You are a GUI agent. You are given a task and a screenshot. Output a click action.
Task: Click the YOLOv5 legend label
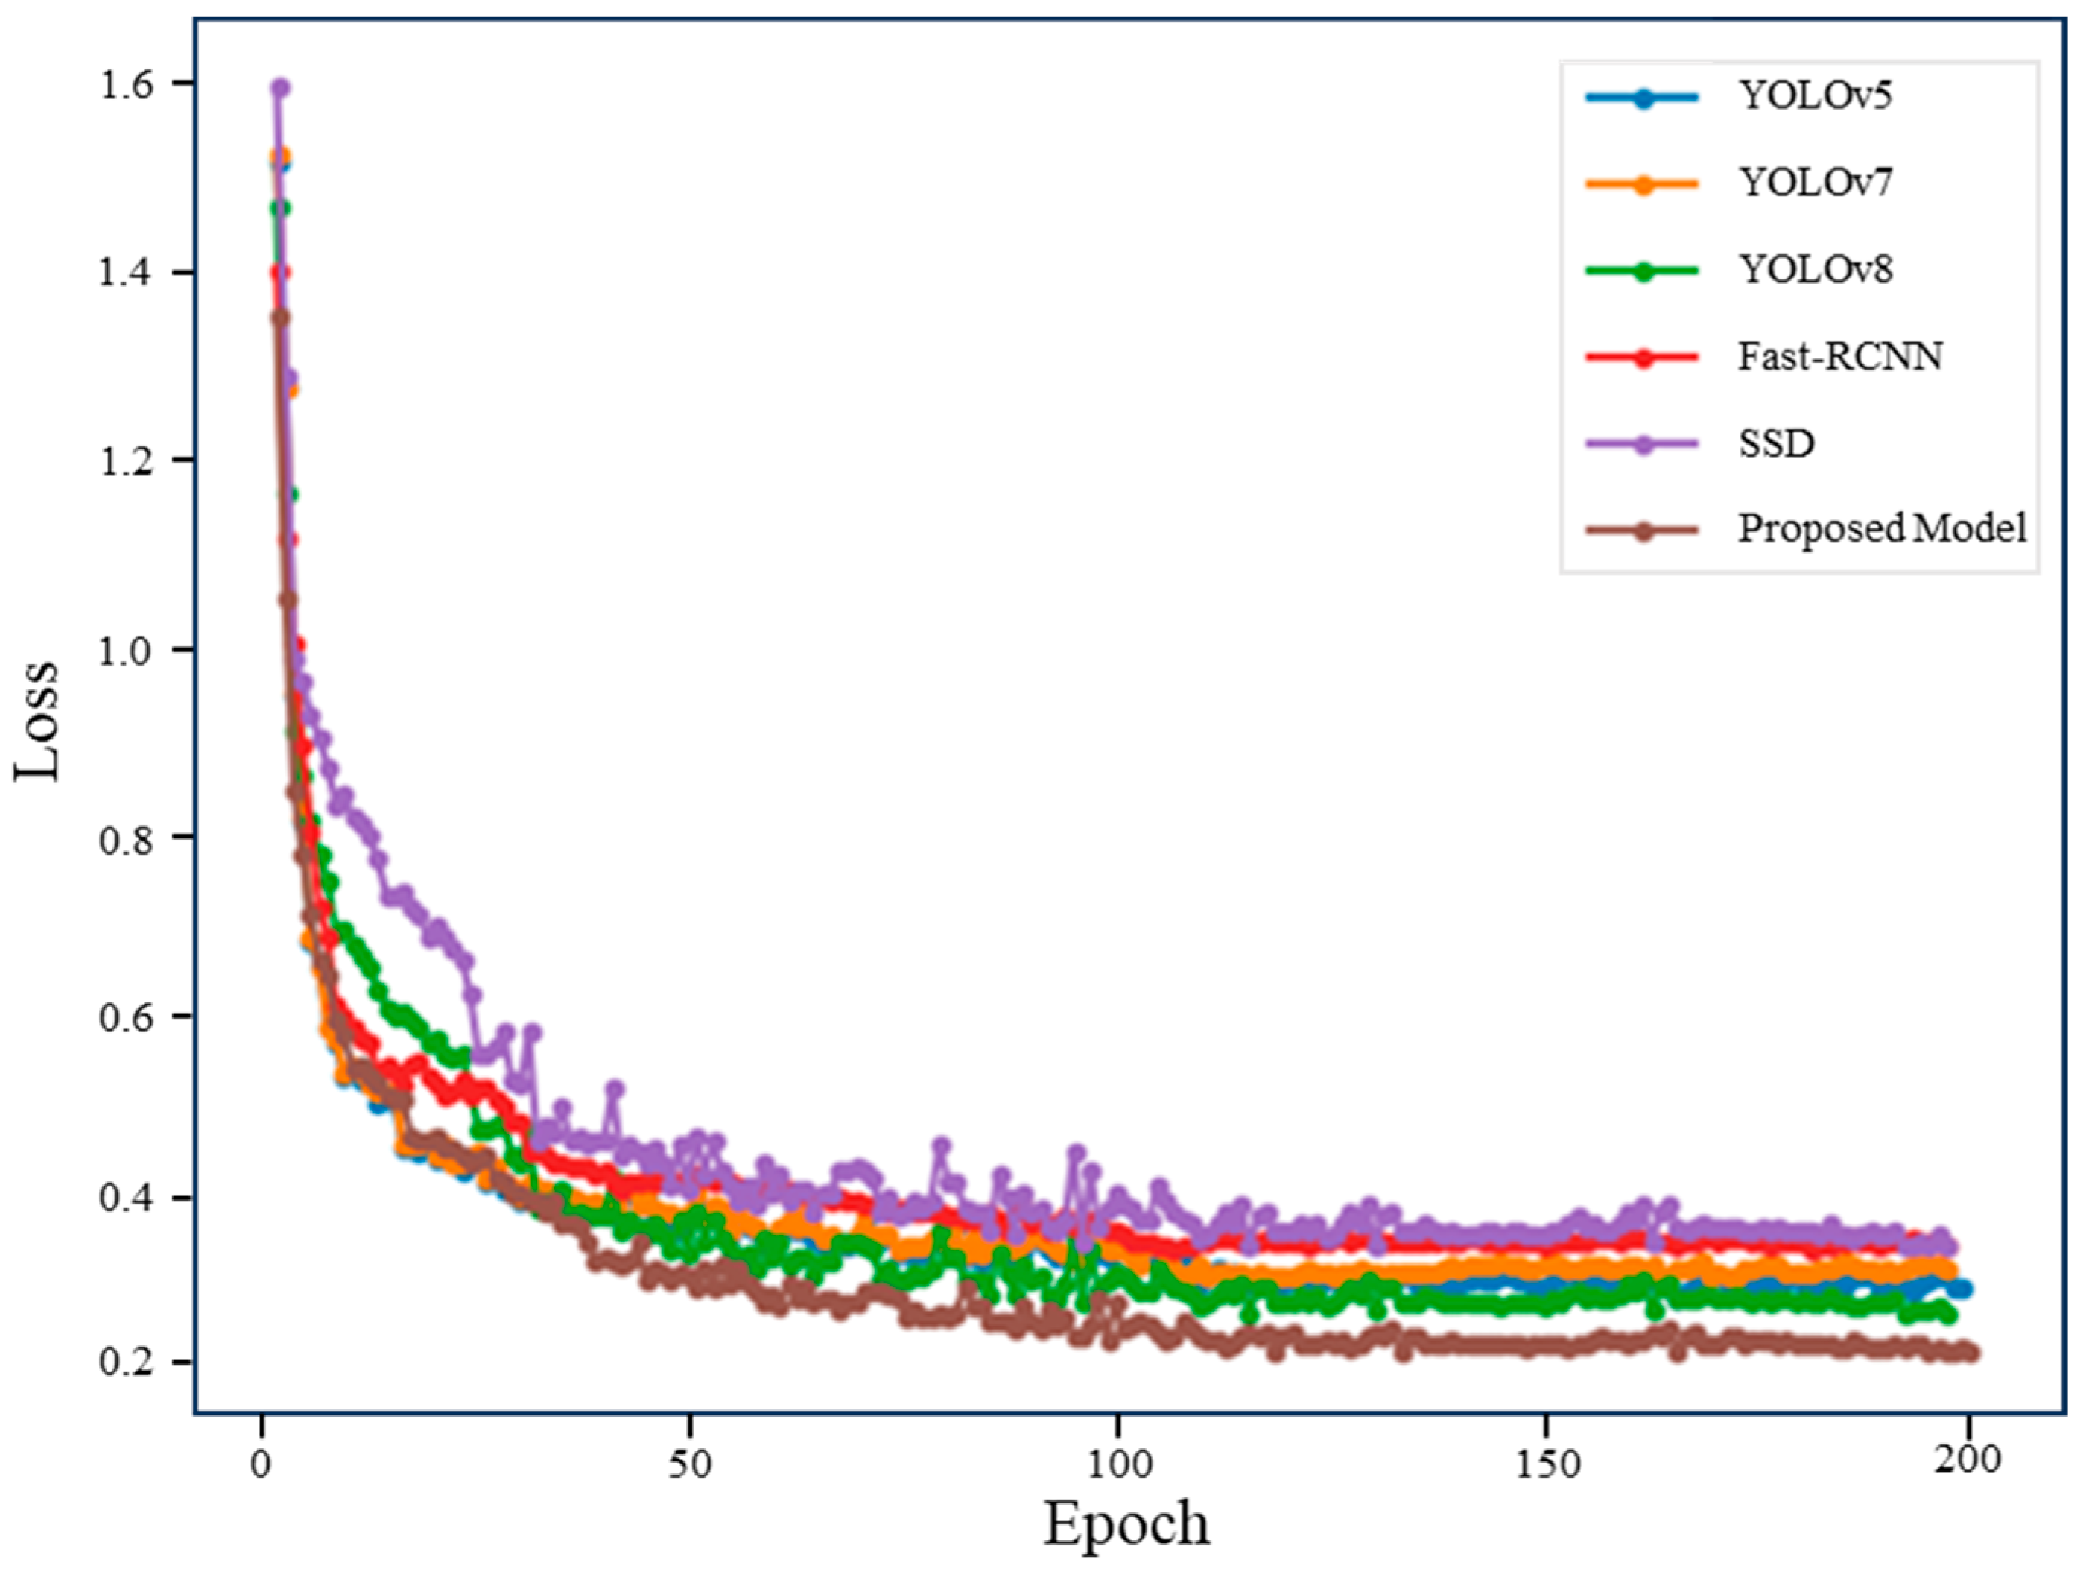1814,95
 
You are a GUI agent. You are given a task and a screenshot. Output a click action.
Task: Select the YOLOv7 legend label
1814,182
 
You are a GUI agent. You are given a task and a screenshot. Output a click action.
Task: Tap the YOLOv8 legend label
1814,270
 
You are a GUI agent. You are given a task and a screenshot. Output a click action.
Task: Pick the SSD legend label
1776,443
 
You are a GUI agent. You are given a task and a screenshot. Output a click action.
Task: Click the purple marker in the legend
1643,444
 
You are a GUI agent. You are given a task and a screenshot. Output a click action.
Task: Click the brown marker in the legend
1643,531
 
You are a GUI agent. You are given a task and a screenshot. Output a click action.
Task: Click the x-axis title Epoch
1125,1524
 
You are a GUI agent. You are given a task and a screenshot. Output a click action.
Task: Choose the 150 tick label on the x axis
1546,1462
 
